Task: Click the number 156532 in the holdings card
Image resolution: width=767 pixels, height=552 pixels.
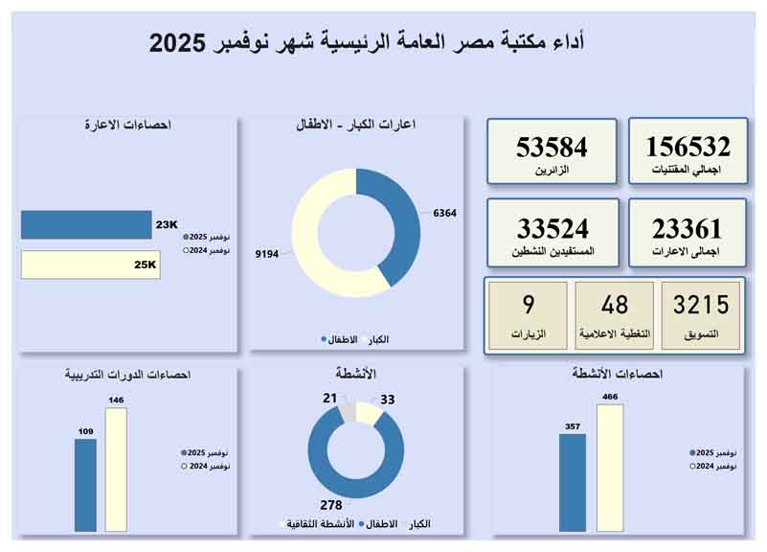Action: (x=688, y=147)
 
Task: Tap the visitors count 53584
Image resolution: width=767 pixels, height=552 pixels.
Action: (x=552, y=147)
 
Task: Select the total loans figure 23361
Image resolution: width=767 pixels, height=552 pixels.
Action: (x=687, y=229)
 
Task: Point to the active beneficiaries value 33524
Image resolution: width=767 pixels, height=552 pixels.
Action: (x=553, y=229)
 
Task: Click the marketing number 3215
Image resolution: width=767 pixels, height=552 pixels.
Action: (x=700, y=305)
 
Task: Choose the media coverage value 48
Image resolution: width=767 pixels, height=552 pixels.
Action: (x=614, y=305)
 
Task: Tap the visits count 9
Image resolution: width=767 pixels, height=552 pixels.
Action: (x=528, y=305)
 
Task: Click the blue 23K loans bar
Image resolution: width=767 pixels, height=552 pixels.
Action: (x=86, y=225)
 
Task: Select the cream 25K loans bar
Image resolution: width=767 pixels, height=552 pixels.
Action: (x=90, y=265)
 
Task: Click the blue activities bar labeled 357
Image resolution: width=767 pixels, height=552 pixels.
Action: (x=573, y=482)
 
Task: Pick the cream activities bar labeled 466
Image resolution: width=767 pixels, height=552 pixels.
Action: (x=610, y=467)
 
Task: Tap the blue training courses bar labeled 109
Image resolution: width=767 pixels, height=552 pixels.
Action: (x=86, y=485)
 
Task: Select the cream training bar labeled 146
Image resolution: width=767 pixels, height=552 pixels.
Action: (x=116, y=470)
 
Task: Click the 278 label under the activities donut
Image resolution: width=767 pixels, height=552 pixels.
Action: (x=331, y=504)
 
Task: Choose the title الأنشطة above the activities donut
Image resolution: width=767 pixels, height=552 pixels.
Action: (x=356, y=373)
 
